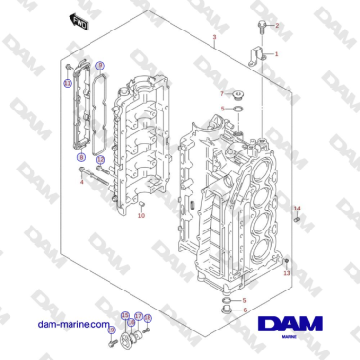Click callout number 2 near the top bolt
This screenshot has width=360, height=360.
point(277,26)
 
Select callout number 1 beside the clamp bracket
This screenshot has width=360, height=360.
point(277,54)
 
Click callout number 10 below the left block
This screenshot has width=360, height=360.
point(141,216)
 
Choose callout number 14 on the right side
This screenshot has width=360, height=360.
point(296,208)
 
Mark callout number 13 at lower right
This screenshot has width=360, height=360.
point(287,272)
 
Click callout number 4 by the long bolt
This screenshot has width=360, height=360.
point(81,182)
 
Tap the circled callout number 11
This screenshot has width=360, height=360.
point(68,84)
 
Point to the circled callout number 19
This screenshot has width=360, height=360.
point(147,317)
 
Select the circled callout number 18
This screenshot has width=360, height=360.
point(131,322)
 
